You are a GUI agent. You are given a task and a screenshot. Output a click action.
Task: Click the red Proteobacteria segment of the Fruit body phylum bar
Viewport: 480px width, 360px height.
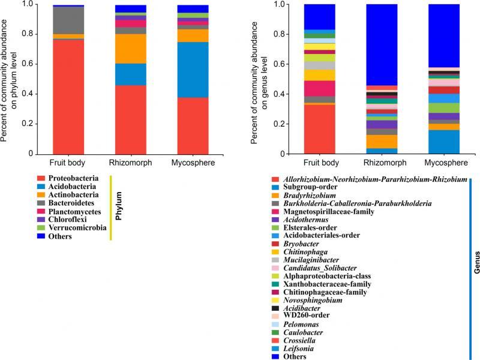[x=59, y=96]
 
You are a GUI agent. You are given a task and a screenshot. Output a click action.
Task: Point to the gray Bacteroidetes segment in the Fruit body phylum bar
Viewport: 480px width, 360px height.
[x=59, y=20]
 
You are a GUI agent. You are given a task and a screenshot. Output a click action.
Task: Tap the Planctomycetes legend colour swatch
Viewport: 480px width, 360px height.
[x=41, y=211]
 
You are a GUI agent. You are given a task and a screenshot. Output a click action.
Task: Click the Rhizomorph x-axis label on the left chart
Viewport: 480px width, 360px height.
[x=130, y=163]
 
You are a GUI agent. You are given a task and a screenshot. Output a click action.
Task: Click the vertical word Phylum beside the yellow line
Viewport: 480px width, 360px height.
[x=119, y=207]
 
